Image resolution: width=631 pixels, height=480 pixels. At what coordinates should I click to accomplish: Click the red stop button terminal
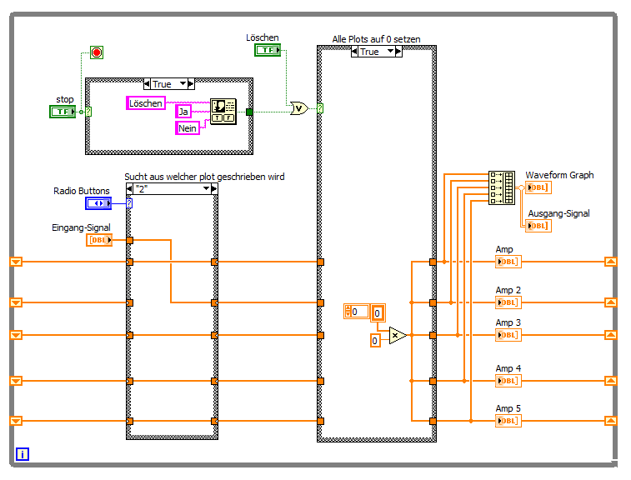tap(97, 52)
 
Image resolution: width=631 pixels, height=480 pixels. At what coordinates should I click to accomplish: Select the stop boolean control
tap(63, 112)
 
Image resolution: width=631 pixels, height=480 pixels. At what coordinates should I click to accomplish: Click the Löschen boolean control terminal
tap(268, 50)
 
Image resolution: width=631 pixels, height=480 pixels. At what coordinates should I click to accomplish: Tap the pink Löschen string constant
tap(146, 103)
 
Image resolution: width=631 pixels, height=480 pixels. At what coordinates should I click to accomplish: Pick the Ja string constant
tap(183, 112)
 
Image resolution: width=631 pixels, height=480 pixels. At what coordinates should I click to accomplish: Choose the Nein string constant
tap(188, 128)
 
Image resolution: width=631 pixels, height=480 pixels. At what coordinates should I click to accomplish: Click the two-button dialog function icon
tap(223, 112)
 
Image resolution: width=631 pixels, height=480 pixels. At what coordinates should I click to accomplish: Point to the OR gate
tap(299, 108)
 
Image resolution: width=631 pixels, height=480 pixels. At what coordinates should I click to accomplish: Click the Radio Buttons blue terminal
tap(98, 203)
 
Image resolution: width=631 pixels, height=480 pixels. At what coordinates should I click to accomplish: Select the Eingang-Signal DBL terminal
tap(99, 240)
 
